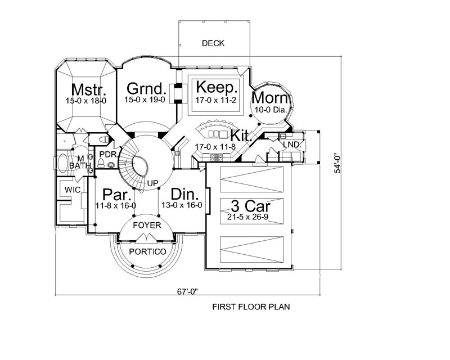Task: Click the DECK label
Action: pyautogui.click(x=213, y=43)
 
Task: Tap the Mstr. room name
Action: pyautogui.click(x=85, y=90)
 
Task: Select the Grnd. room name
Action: pyautogui.click(x=147, y=89)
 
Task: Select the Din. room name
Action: pyautogui.click(x=185, y=195)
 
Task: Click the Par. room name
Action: pyautogui.click(x=117, y=195)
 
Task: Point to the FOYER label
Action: pyautogui.click(x=147, y=226)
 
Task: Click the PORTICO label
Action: pyautogui.click(x=147, y=251)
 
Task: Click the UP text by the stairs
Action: pyautogui.click(x=152, y=183)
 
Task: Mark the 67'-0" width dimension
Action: pyautogui.click(x=187, y=291)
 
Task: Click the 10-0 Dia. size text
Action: pyautogui.click(x=274, y=110)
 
